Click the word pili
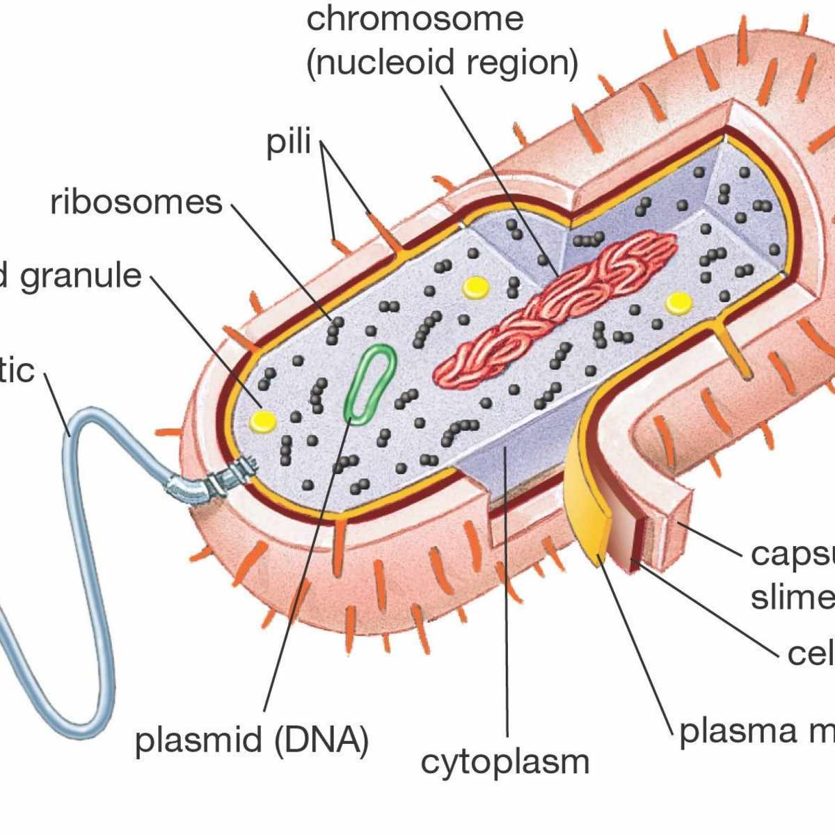click(x=289, y=143)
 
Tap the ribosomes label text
click(x=136, y=202)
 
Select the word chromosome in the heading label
click(x=415, y=19)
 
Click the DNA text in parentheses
click(x=321, y=740)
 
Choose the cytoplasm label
click(x=505, y=763)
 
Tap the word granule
click(x=81, y=276)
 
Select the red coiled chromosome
click(x=557, y=306)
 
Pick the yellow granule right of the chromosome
click(x=678, y=302)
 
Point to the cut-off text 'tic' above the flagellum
click(x=17, y=370)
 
